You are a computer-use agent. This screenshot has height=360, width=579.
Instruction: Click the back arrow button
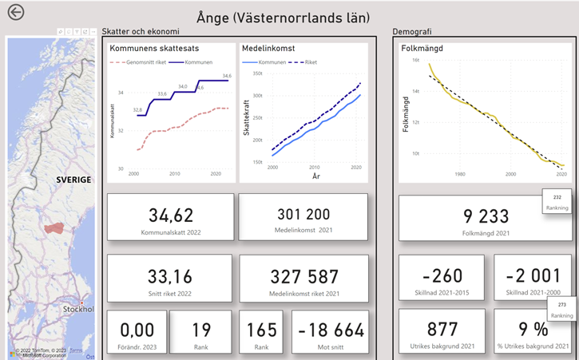[x=15, y=13]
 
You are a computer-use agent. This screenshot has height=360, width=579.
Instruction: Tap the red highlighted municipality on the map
[x=54, y=227]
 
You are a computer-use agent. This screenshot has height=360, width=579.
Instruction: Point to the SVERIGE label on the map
[x=73, y=180]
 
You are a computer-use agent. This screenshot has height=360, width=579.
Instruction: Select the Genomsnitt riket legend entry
[x=137, y=61]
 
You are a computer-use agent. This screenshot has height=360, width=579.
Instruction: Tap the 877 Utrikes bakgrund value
[x=442, y=330]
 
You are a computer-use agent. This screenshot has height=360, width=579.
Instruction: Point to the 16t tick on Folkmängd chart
[x=415, y=60]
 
